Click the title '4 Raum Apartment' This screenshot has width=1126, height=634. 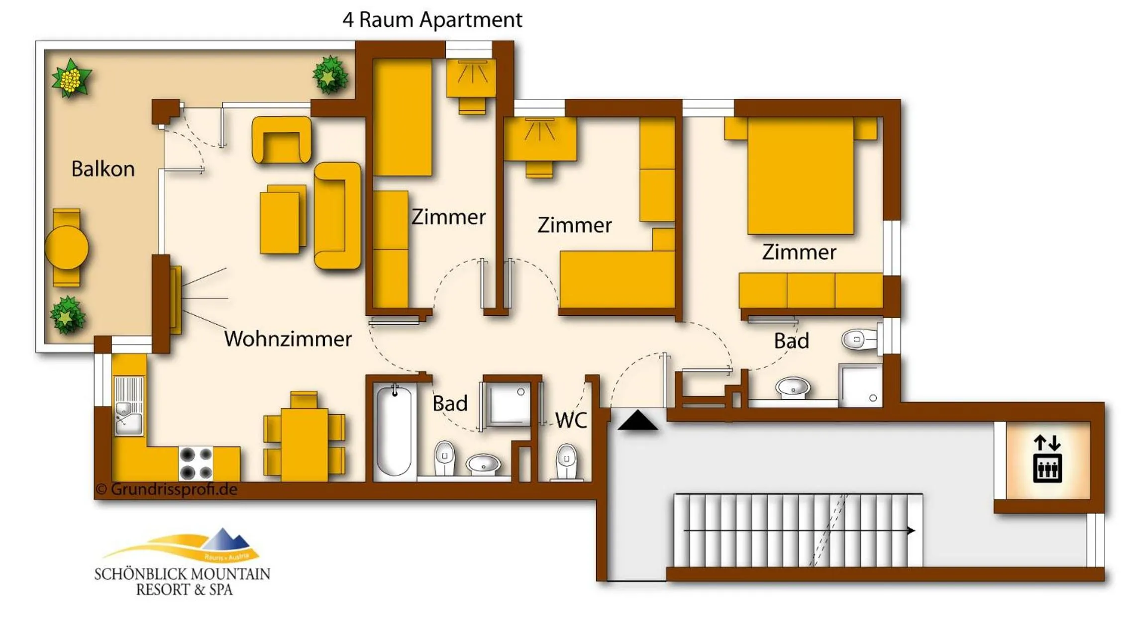(x=432, y=20)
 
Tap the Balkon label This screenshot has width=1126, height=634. (x=103, y=169)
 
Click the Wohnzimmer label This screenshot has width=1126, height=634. (x=288, y=339)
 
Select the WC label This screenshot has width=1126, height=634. (x=571, y=421)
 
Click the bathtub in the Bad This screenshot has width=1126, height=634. (x=394, y=431)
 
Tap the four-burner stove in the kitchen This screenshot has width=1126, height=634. (x=196, y=463)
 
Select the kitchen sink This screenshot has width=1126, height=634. (x=129, y=417)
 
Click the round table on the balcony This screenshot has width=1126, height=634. (x=67, y=248)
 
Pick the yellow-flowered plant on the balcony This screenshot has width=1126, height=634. (x=71, y=79)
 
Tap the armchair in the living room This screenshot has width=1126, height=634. (x=282, y=140)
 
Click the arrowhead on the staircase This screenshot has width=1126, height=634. (x=911, y=531)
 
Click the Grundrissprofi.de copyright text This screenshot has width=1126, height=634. (x=167, y=489)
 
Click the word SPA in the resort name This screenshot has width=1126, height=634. (x=220, y=590)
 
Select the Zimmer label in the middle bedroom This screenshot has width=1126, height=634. (x=574, y=225)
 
